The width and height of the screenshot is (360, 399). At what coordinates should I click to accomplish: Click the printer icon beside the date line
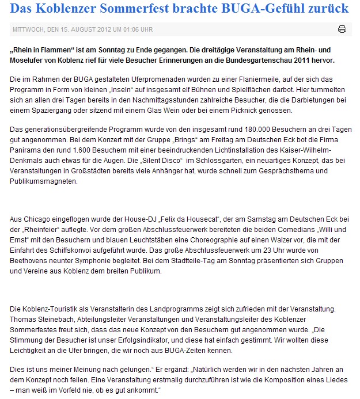coord(342,29)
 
